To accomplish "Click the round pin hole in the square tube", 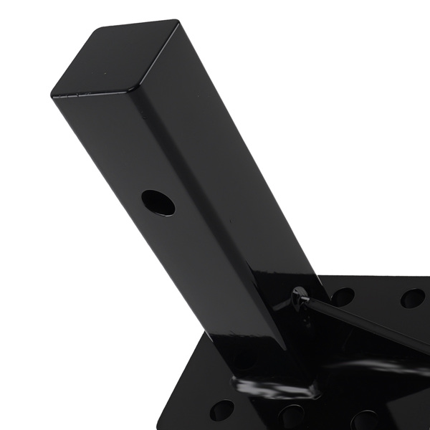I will pos(158,202).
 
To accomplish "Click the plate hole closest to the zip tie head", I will pos(343,296).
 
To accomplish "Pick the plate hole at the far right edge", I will pos(412,297).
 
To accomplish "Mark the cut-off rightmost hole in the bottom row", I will pos(365,419).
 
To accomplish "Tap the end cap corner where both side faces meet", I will pos(136,90).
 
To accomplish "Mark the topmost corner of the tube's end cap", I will pos(172,21).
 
